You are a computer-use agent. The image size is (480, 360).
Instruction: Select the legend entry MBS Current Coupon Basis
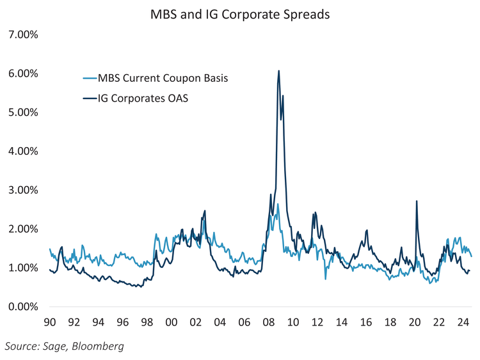(163, 79)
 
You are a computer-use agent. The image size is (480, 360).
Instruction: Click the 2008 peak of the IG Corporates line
(278, 71)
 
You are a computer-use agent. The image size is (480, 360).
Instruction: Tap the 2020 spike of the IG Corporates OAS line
(417, 201)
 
